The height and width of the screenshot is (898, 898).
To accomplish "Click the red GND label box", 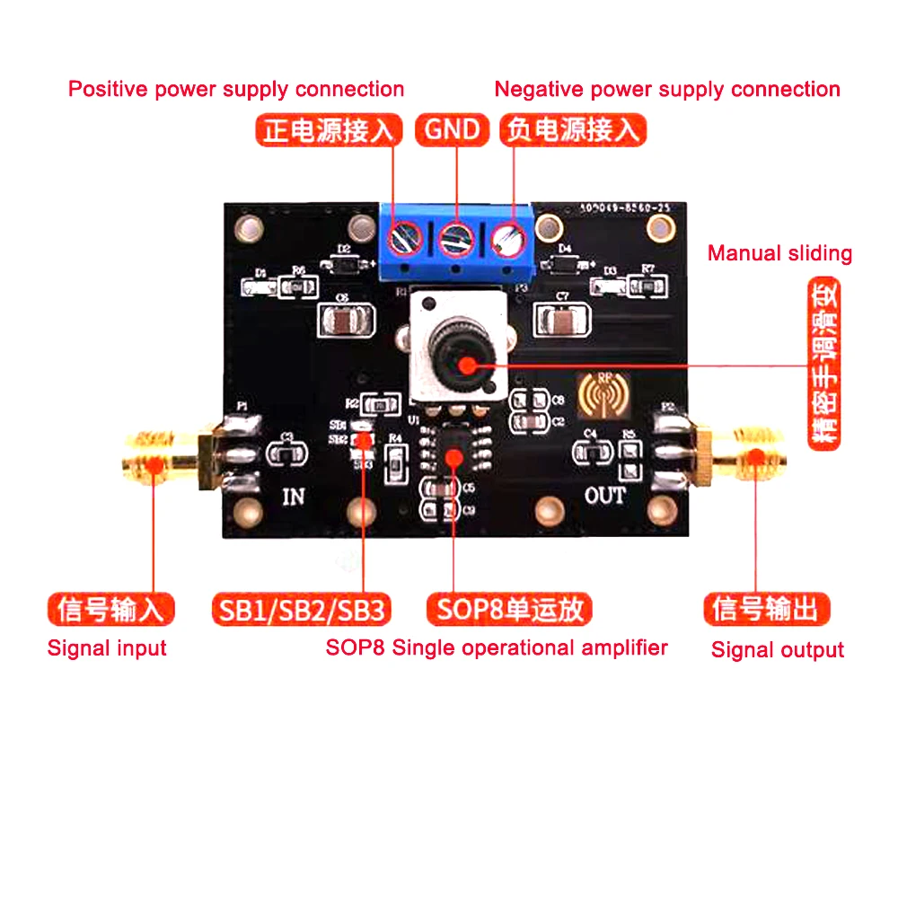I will pyautogui.click(x=453, y=130).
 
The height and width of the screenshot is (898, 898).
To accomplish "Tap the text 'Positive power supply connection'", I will pyautogui.click(x=236, y=89).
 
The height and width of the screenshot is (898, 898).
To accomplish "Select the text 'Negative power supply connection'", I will pyautogui.click(x=667, y=89).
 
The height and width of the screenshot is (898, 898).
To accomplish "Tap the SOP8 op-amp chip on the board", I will pyautogui.click(x=453, y=448).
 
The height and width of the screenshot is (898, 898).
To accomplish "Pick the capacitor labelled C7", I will pyautogui.click(x=562, y=319).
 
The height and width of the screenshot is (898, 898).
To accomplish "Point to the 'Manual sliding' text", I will pyautogui.click(x=779, y=253).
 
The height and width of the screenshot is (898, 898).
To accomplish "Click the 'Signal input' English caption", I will pyautogui.click(x=107, y=647).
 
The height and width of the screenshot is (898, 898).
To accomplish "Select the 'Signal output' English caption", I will pyautogui.click(x=778, y=649).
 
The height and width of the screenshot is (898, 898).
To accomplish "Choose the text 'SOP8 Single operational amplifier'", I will pyautogui.click(x=497, y=647).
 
